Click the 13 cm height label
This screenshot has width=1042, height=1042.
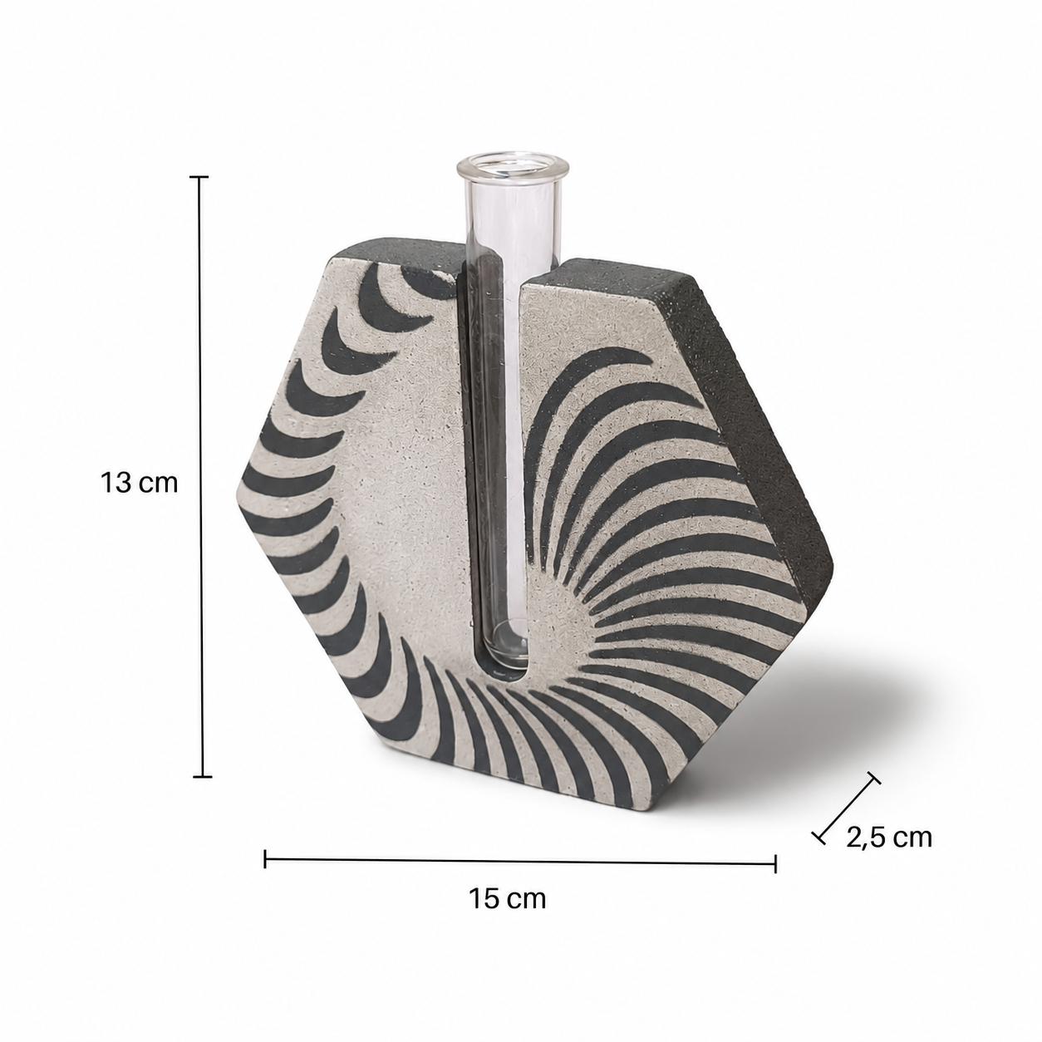[139, 483]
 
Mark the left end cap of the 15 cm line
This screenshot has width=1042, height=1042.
[265, 858]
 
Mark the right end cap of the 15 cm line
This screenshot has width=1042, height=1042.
[775, 863]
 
